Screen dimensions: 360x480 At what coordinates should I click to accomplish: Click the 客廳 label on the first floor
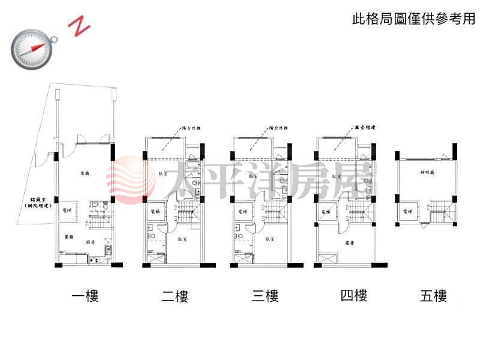85,173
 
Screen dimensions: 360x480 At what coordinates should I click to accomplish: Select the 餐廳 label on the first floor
69,238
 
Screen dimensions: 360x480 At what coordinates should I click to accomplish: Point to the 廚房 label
91,244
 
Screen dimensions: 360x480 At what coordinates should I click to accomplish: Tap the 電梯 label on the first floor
67,211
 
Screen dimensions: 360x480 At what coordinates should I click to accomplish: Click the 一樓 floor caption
85,296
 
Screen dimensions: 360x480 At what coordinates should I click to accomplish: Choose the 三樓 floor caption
265,296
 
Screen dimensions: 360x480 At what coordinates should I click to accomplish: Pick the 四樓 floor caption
353,296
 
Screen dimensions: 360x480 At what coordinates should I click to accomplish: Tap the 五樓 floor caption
433,296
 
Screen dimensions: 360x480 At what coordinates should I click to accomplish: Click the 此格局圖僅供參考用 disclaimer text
413,19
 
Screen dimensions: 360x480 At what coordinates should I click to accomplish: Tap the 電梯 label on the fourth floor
326,212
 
